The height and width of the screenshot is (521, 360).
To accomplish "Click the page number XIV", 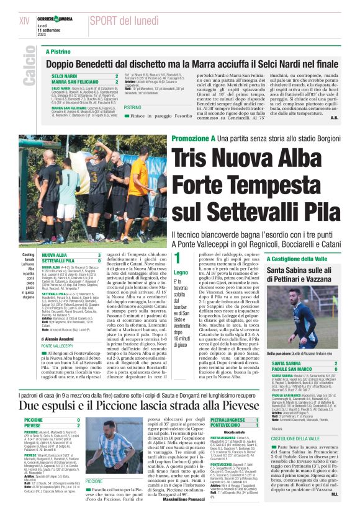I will tap(25, 20).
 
